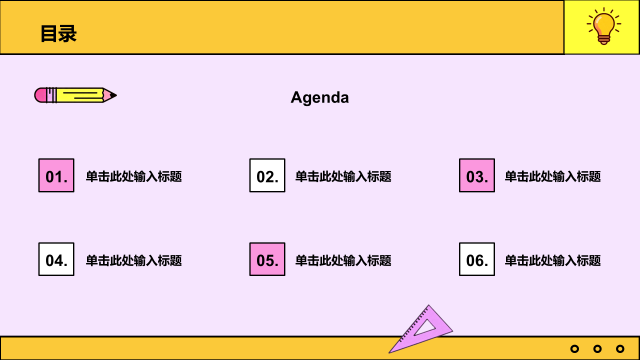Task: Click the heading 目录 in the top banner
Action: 58,33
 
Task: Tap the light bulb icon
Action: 603,26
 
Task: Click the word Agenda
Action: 319,97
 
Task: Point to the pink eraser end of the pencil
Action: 40,95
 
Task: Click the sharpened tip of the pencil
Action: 116,95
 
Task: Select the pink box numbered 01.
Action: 56,175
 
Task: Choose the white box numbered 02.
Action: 267,175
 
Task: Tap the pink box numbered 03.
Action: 477,175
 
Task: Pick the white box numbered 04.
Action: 56,259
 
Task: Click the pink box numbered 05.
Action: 267,259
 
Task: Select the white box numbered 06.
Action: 477,259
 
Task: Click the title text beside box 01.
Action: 133,176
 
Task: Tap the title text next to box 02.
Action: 343,176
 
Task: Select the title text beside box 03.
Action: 552,176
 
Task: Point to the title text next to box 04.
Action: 133,260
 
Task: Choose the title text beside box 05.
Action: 343,260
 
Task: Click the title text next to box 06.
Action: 552,260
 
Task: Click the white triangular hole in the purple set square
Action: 425,328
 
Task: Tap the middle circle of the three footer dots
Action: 597,349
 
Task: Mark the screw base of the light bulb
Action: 603,40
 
